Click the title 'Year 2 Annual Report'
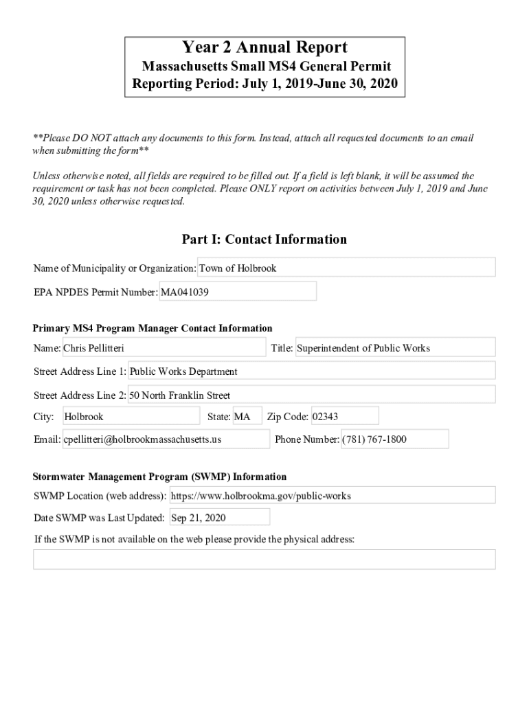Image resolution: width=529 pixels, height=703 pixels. point(264,47)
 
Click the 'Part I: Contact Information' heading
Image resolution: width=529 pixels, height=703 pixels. point(264,240)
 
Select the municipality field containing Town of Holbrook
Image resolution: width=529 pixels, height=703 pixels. point(346,268)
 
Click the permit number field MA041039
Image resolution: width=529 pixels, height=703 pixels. point(238,292)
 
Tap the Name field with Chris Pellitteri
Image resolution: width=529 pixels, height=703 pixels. point(164,348)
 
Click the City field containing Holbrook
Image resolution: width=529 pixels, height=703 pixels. point(131,417)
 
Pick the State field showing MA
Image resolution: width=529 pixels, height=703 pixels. point(247,417)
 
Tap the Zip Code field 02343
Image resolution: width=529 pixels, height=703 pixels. point(344,417)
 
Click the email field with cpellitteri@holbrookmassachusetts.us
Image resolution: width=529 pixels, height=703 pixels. point(166,439)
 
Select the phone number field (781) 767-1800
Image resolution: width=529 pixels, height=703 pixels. point(394,439)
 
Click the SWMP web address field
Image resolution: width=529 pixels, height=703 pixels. point(332,495)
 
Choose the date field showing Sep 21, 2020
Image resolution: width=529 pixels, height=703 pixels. point(219,518)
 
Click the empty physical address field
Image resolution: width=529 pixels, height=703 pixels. point(264,560)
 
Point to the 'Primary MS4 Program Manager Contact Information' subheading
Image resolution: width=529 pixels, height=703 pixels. point(153,328)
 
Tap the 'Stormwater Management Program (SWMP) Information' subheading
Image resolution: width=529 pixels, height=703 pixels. point(160,476)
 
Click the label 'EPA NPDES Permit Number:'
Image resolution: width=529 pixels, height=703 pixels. point(95,292)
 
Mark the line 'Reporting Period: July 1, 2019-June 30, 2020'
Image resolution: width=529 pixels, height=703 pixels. point(264,86)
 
